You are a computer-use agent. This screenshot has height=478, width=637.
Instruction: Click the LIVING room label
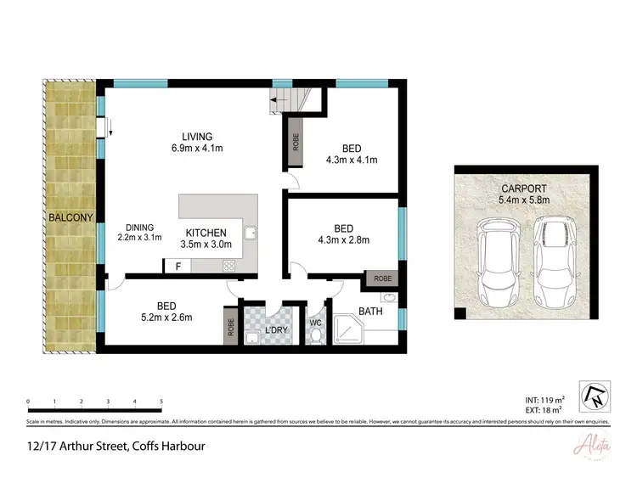(196, 136)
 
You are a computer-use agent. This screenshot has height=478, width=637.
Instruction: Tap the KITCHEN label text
(206, 233)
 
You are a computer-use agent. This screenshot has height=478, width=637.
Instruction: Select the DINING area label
(139, 227)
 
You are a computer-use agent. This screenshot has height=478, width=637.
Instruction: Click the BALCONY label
(70, 218)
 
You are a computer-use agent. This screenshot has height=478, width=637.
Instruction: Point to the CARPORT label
(524, 188)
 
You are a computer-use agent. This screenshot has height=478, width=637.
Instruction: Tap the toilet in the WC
(315, 335)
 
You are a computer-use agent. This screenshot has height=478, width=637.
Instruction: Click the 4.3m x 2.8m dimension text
(344, 239)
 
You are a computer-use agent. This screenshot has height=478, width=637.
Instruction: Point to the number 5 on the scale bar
(161, 401)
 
